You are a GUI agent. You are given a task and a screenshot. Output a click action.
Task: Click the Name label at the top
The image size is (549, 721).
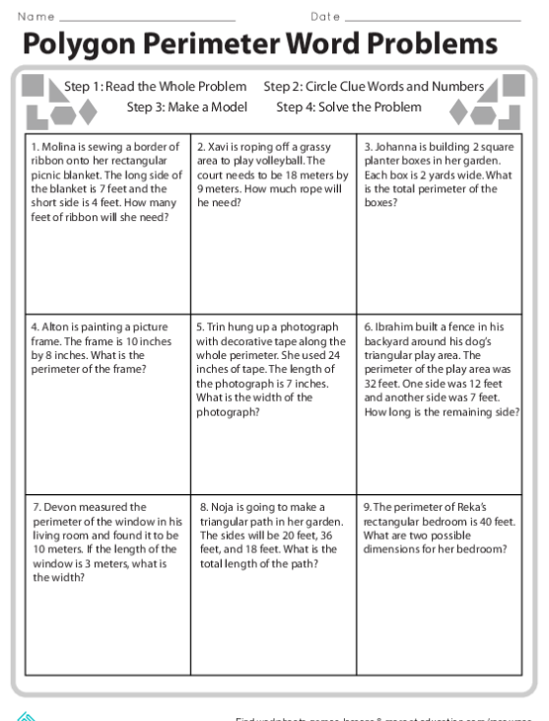[36, 16]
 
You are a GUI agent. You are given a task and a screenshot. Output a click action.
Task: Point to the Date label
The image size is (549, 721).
[325, 16]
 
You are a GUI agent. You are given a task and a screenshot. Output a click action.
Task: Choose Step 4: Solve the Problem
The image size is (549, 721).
[349, 107]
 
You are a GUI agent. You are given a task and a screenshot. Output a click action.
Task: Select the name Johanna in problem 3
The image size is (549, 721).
[392, 146]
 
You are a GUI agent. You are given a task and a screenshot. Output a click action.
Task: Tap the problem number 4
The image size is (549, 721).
[34, 325]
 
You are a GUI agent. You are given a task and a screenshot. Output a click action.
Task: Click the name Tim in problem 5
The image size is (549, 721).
[214, 325]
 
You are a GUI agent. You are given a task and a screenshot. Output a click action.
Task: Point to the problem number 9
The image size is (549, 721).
[366, 506]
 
